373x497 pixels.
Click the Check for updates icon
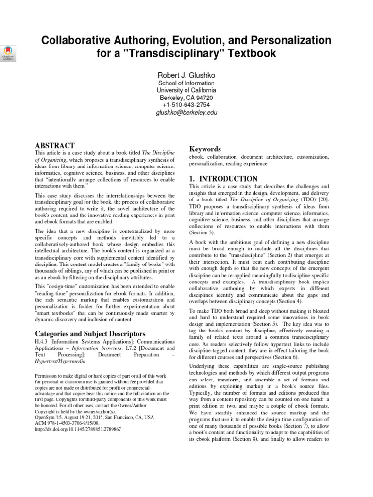[9, 51]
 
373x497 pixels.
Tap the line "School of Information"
[186, 83]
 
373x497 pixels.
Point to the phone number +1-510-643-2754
[186, 105]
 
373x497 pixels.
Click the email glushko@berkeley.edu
[186, 113]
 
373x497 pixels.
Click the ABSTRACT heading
[55, 145]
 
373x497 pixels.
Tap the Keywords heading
[205, 149]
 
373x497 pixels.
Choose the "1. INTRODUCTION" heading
[223, 179]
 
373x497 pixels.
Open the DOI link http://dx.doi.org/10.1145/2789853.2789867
[79, 429]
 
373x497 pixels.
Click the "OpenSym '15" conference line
[95, 416]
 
